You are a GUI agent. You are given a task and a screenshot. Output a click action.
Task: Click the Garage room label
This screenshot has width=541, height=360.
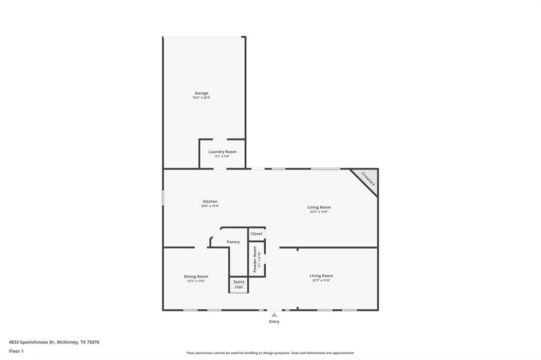(201, 93)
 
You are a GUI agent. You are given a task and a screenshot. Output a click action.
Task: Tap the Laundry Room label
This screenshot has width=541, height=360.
(222, 151)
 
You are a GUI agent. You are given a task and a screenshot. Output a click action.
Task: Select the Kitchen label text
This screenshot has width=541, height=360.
(210, 201)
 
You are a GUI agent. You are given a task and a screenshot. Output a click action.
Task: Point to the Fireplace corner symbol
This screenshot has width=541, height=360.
(369, 178)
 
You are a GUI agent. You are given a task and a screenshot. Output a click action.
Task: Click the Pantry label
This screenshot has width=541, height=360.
(233, 242)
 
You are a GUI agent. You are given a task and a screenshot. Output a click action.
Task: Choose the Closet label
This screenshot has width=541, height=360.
(256, 233)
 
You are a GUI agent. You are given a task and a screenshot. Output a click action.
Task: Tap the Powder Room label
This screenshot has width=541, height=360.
(255, 259)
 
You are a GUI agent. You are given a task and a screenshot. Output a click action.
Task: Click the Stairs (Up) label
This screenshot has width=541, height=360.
(239, 284)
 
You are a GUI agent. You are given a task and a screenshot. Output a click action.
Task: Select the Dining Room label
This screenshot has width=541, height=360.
(195, 276)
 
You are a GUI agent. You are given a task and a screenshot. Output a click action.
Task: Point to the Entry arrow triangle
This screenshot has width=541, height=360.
(274, 315)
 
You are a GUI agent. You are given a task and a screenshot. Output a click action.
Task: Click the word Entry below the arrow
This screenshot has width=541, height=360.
(274, 321)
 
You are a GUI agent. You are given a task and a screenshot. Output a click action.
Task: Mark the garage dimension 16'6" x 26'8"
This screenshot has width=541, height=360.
(201, 98)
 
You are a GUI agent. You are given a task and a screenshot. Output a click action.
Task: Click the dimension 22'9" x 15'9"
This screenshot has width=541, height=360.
(319, 212)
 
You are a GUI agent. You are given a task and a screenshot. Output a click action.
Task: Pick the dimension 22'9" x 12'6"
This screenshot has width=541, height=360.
(321, 280)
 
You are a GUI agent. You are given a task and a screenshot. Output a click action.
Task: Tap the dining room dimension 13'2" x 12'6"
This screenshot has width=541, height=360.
(195, 281)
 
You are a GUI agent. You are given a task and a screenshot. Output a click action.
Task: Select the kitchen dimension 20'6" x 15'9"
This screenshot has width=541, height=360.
(210, 206)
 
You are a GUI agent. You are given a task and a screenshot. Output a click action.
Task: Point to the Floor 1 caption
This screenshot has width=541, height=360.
(16, 351)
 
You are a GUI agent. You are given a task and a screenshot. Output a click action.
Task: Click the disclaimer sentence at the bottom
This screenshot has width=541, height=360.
(270, 353)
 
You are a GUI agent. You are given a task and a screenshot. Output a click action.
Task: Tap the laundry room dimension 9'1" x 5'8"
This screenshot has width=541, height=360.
(222, 156)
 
